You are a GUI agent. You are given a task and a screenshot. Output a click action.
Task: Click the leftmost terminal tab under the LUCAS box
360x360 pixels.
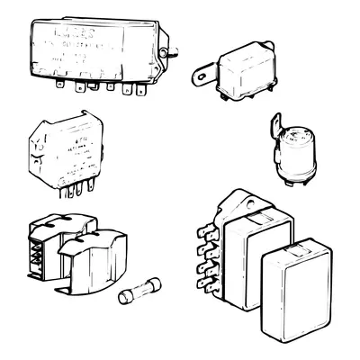[59, 86]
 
